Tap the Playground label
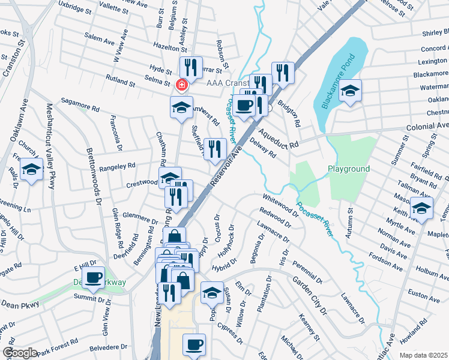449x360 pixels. click(348, 169)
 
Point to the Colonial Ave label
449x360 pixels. click(427, 127)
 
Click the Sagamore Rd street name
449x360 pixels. click(79, 108)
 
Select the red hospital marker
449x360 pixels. click(180, 85)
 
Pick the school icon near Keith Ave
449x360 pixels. click(422, 209)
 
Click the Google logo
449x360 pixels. click(20, 353)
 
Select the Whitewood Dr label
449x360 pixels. click(279, 204)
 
